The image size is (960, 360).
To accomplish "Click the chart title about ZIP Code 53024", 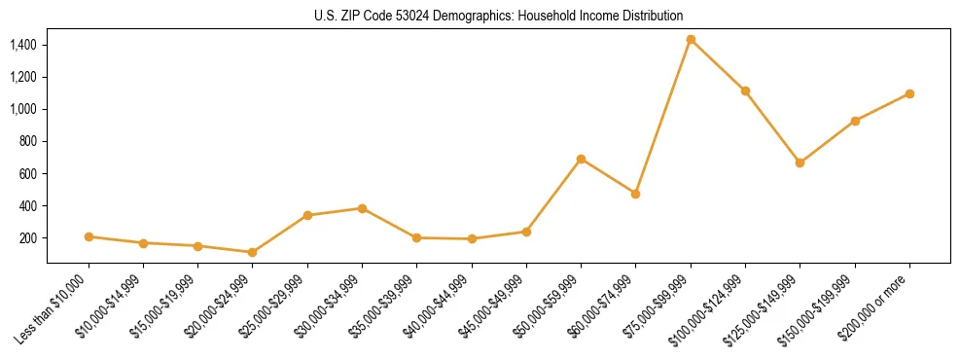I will (x=497, y=16).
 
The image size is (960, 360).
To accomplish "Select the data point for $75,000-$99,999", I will (x=691, y=40).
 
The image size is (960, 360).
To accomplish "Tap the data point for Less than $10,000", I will (x=89, y=236).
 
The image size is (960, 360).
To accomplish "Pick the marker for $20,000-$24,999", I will (x=253, y=252).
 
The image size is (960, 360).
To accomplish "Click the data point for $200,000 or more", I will (x=909, y=93).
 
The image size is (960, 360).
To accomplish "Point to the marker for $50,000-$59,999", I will (x=581, y=159).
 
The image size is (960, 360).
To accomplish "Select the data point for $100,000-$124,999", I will (x=745, y=90).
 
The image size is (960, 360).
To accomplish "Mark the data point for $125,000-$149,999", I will (x=800, y=162).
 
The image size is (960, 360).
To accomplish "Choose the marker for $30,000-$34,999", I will (x=362, y=208).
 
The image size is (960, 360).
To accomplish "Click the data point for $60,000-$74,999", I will (x=635, y=194).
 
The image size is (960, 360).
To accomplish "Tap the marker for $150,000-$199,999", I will (x=855, y=121).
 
